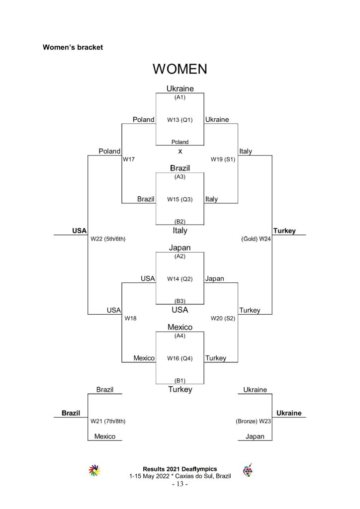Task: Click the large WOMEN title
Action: (180, 69)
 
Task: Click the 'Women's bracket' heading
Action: (73, 47)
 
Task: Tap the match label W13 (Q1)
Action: (180, 120)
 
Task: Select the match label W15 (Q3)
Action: (180, 199)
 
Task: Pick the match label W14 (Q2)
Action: (180, 279)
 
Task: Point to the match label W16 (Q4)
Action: (180, 358)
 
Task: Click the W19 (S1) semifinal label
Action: (223, 160)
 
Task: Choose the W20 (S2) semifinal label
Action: (223, 319)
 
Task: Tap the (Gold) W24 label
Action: (256, 239)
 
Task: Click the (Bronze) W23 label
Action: (253, 422)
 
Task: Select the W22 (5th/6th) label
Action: (108, 239)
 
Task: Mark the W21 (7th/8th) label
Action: (108, 422)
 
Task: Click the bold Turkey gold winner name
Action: (284, 231)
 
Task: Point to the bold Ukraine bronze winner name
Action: (289, 413)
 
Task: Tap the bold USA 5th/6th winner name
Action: (79, 231)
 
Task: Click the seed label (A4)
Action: (180, 336)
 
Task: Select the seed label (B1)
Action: (180, 380)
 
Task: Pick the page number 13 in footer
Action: (180, 484)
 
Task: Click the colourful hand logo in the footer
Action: (94, 470)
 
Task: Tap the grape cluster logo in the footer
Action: (248, 470)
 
